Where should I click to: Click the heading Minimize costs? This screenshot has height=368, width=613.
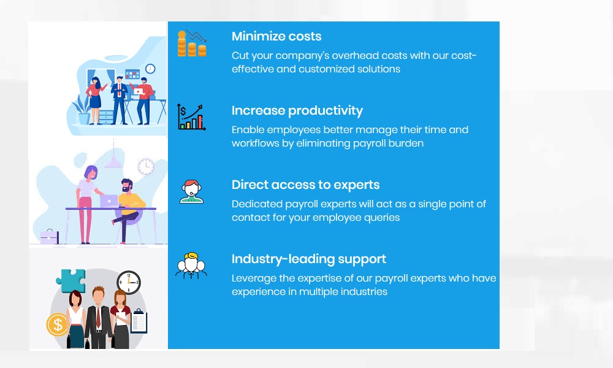276,36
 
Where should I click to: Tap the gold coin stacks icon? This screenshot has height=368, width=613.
191,44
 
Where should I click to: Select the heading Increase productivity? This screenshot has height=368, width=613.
297,111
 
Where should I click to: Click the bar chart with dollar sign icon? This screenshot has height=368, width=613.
191,117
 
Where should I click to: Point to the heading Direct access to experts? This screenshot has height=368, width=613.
306,185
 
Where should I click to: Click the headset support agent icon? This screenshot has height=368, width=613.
191,191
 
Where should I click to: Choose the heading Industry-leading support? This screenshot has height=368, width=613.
309,259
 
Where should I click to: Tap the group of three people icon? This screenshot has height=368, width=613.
191,266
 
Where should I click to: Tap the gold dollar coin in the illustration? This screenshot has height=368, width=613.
58,324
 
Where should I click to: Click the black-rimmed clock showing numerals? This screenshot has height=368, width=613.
129,282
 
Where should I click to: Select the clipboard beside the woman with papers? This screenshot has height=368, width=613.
139,321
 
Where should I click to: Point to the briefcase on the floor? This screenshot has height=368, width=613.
50,237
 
